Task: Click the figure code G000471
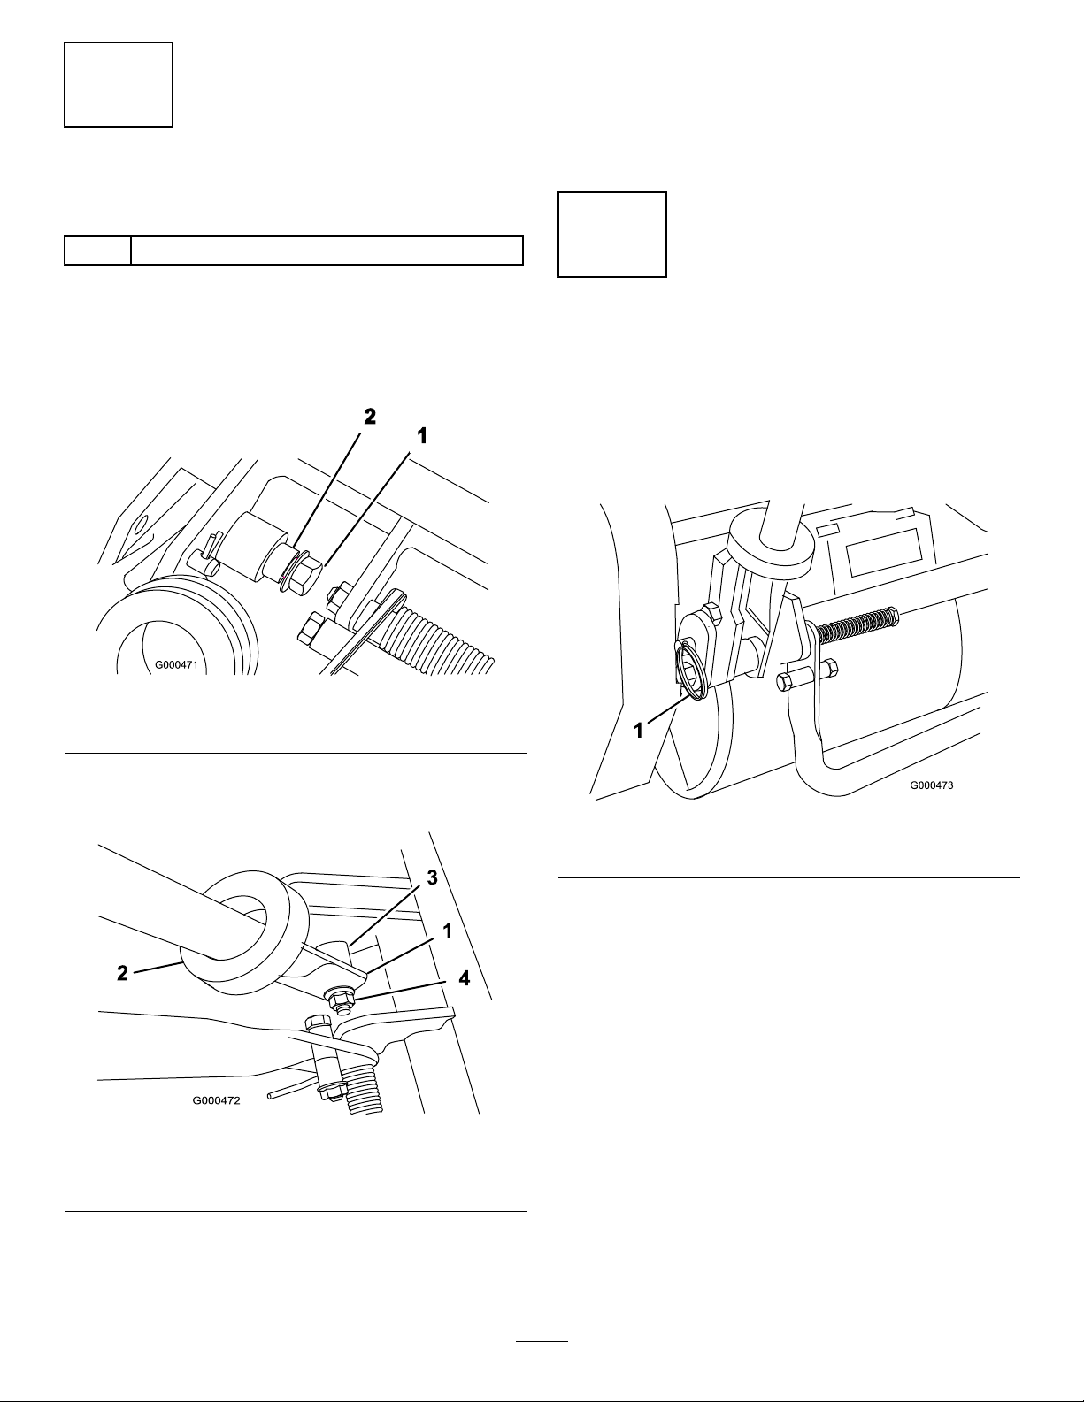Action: click(x=176, y=664)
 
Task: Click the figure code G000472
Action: click(x=216, y=1100)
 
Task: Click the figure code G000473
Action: click(x=932, y=785)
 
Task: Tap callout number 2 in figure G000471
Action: click(x=370, y=417)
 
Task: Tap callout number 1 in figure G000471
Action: click(x=422, y=437)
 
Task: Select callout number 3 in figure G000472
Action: click(x=432, y=877)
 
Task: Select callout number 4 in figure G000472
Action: click(x=464, y=979)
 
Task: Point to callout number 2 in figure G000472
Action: click(x=122, y=973)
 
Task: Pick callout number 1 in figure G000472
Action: click(x=447, y=931)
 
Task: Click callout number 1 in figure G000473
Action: click(x=639, y=731)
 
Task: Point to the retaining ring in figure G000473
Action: click(x=692, y=672)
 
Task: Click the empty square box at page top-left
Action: click(x=119, y=85)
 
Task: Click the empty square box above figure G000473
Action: click(x=612, y=234)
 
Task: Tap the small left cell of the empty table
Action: click(x=97, y=250)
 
